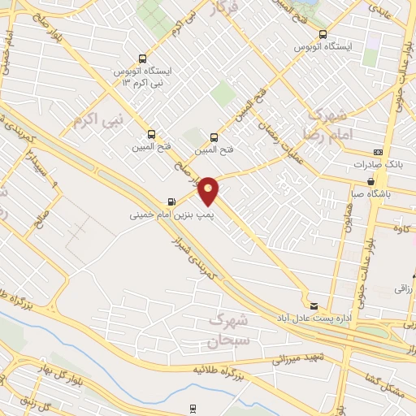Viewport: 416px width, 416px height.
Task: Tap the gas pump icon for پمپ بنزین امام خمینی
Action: pyautogui.click(x=171, y=201)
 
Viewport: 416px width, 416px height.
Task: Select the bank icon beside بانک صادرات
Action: pyautogui.click(x=377, y=152)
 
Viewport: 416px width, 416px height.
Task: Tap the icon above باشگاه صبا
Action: pyautogui.click(x=371, y=181)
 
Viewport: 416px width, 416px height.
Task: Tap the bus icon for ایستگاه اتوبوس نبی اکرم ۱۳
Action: pyautogui.click(x=143, y=58)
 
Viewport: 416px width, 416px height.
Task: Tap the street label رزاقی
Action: pyautogui.click(x=404, y=288)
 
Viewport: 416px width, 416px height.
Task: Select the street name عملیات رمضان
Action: pyautogui.click(x=276, y=134)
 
